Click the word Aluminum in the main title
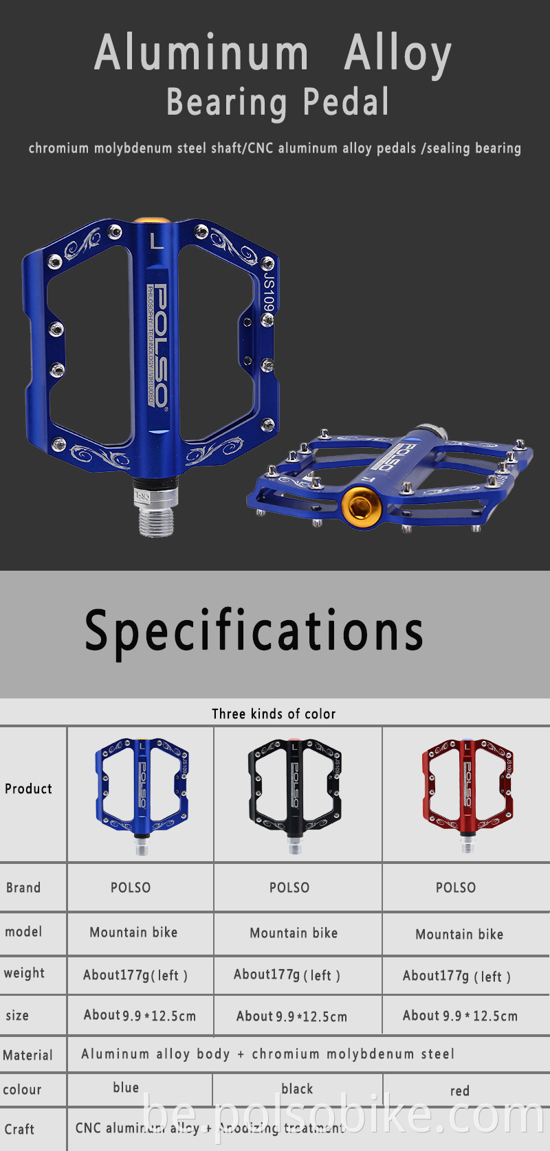coord(201,53)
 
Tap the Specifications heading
coord(254,630)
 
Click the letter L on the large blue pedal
coord(157,241)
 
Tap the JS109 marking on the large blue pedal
coord(269,293)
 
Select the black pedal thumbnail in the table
coord(295,793)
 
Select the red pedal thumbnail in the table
coord(467,793)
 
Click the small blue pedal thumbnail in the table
coord(142,793)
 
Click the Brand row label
coord(23,887)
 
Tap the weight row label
coord(24,973)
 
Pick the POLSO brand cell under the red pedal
coord(456,887)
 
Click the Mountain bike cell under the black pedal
coord(294,933)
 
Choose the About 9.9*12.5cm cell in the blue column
coord(140,1015)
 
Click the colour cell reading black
coord(297,1089)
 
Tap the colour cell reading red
coord(460,1091)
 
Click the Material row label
coord(27,1055)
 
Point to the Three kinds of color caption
coord(274,714)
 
